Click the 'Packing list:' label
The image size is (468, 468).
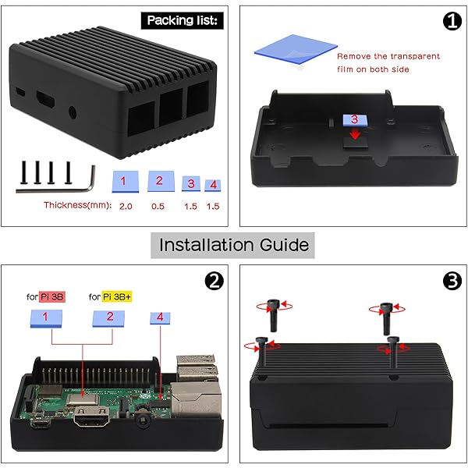click(184, 19)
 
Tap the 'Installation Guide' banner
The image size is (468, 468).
click(234, 245)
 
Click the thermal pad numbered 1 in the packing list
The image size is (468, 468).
click(127, 181)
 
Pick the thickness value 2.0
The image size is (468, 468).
click(126, 206)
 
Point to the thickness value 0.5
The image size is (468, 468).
click(159, 206)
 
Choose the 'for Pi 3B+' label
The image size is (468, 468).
click(110, 296)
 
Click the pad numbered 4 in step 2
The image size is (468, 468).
click(160, 317)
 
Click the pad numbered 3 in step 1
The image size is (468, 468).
click(354, 120)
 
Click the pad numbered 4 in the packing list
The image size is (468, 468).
click(211, 185)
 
